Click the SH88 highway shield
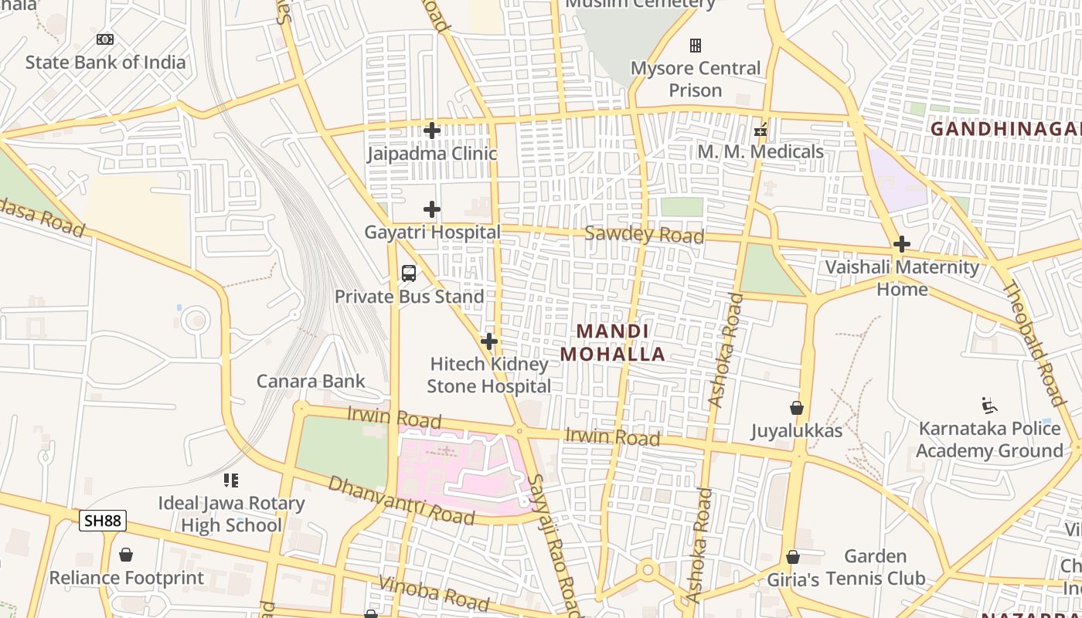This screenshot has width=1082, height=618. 102,521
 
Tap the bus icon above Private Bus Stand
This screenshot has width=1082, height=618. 409,273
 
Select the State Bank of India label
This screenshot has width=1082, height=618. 105,63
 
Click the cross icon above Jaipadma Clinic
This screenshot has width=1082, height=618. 432,131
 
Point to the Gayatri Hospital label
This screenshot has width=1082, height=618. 432,232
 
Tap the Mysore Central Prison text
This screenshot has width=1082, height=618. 696,79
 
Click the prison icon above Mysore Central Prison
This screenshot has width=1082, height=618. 696,46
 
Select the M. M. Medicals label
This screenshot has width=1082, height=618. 760,151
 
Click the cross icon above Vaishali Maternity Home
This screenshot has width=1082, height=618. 901,245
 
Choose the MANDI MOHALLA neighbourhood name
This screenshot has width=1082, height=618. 612,342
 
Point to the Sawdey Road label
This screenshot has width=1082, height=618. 644,234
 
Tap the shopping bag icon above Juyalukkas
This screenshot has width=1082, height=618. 797,408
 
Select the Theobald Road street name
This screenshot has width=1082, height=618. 1033,343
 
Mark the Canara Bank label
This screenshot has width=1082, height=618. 311,381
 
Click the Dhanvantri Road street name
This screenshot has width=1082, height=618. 400,500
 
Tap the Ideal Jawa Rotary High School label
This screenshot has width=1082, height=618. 231,514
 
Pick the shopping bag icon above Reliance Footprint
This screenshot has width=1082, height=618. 126,555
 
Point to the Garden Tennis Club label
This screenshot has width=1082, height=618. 875,567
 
